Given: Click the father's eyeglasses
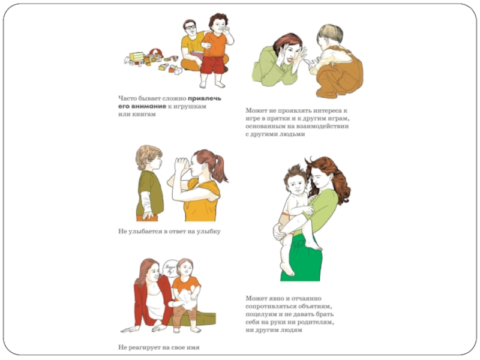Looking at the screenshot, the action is point(190,27).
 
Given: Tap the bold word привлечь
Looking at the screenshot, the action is point(205,98).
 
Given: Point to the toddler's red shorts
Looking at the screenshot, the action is point(212,65).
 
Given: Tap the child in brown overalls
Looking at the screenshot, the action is point(337,61).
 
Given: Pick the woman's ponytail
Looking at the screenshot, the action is point(220,168).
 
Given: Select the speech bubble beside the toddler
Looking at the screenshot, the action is point(170,269).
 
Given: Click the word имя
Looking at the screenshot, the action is point(193,347).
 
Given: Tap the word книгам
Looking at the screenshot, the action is point(144,115).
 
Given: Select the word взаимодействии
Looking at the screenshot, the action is point(324,127).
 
